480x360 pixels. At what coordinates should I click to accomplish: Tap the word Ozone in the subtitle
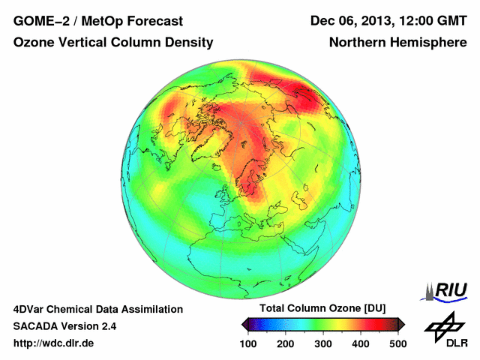tap(34, 43)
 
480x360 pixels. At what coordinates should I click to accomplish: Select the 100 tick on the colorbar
tap(248, 343)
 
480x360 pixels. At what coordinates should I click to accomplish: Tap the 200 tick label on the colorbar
tap(286, 343)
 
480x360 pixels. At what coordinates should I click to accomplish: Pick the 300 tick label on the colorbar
tap(323, 343)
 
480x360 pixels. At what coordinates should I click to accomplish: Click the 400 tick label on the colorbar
tap(361, 343)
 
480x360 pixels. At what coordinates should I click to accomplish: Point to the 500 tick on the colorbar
tap(397, 343)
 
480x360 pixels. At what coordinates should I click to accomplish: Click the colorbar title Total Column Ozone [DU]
tap(322, 308)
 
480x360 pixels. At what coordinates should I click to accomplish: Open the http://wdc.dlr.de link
tap(54, 343)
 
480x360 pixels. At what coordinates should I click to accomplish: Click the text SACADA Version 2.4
tap(64, 326)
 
